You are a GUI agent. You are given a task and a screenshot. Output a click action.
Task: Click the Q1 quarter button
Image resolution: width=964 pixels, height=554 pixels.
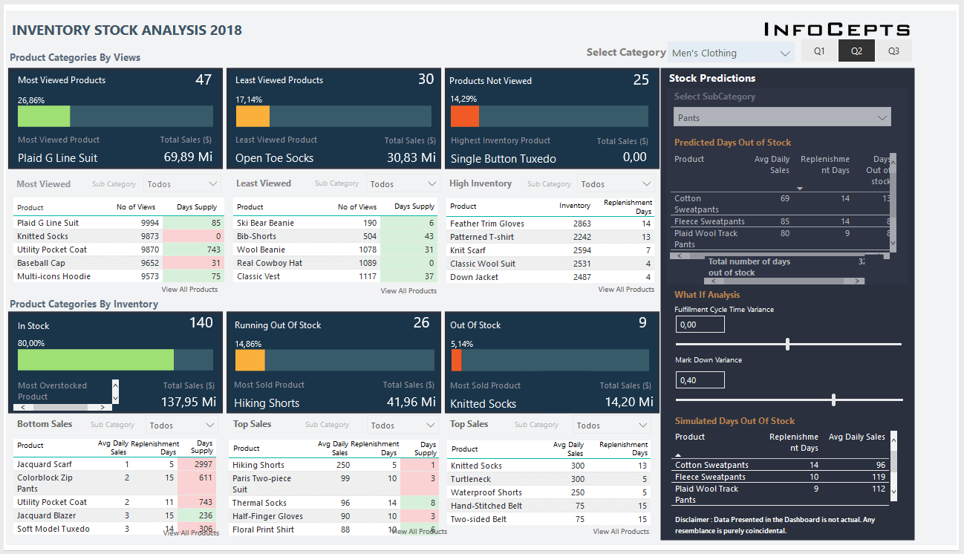point(819,51)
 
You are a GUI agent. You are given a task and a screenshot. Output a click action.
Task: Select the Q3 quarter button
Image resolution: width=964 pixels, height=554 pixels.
point(893,51)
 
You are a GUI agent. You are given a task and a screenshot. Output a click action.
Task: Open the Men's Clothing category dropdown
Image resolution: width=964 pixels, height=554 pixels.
point(731,53)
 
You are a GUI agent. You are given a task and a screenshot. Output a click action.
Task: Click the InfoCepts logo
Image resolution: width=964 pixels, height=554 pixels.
point(837,30)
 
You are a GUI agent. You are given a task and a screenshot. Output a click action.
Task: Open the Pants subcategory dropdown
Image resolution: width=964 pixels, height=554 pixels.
point(782,117)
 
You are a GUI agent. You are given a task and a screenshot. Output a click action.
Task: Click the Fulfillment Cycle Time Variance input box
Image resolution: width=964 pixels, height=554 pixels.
point(700,325)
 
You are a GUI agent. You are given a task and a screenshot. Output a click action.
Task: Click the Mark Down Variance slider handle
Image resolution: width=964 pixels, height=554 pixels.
point(834,400)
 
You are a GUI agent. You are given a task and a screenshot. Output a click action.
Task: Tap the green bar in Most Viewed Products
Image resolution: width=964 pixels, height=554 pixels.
point(44,117)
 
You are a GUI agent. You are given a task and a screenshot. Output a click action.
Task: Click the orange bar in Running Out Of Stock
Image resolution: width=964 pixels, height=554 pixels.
point(250,360)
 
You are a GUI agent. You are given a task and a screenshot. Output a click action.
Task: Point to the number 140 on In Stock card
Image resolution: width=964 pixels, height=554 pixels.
point(201,322)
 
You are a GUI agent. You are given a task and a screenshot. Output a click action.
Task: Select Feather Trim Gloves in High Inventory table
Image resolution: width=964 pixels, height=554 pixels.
point(486,224)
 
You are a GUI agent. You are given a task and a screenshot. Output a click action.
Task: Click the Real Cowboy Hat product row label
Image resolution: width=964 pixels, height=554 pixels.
point(269,263)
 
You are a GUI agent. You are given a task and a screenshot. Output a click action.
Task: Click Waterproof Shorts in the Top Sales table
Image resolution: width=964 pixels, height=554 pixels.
point(486,492)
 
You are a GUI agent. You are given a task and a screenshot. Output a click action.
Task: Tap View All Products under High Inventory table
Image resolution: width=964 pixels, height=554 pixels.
point(625,290)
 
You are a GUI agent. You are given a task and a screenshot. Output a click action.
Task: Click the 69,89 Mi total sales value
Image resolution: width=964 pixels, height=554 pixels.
point(188,157)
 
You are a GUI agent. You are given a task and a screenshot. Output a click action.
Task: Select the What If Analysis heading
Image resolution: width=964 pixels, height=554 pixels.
point(707,295)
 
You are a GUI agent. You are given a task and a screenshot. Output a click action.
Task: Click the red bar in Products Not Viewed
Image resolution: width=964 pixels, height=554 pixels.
point(465,117)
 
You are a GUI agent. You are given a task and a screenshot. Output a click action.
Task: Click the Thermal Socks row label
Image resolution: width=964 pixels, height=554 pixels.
point(259,503)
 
